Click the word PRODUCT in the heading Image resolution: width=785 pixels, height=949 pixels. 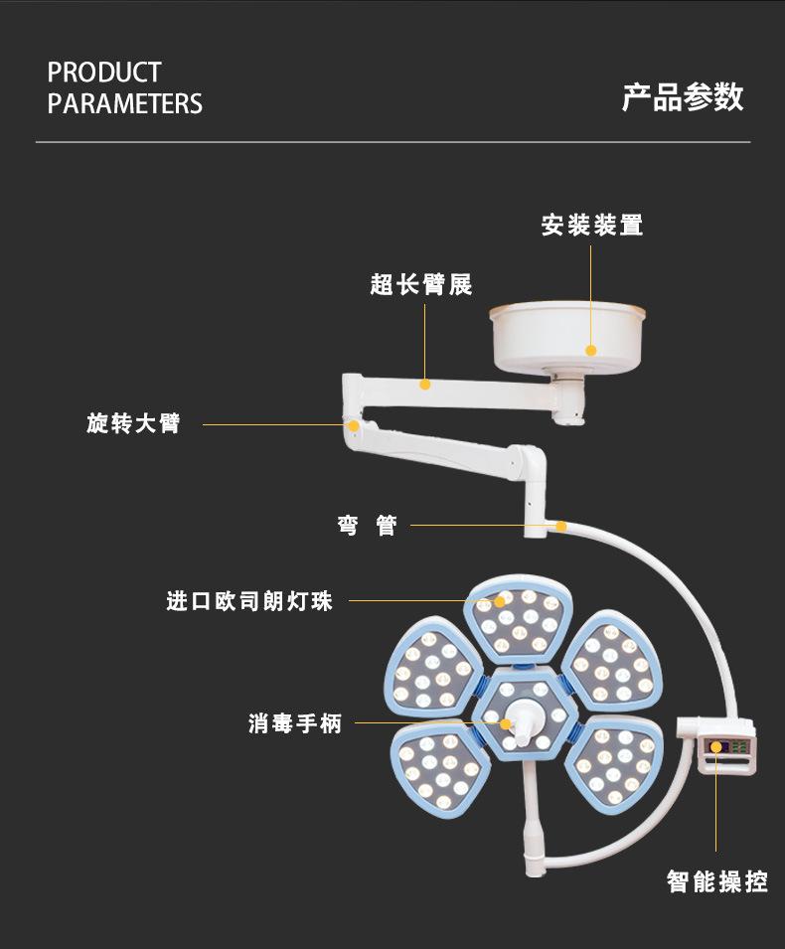pyautogui.click(x=104, y=73)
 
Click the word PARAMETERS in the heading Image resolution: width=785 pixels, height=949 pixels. pyautogui.click(x=124, y=103)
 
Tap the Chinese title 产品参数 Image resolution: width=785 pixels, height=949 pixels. pyautogui.click(x=683, y=96)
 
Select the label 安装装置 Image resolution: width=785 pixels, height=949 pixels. pyautogui.click(x=592, y=226)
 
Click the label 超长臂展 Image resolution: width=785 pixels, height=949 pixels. pyautogui.click(x=421, y=284)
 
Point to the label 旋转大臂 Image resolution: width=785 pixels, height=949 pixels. pyautogui.click(x=133, y=423)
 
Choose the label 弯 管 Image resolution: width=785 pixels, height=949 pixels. pyautogui.click(x=368, y=526)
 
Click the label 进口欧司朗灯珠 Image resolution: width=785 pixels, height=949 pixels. pyautogui.click(x=249, y=601)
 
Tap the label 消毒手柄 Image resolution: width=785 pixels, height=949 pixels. pyautogui.click(x=295, y=723)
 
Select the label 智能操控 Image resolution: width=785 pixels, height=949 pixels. pyautogui.click(x=717, y=881)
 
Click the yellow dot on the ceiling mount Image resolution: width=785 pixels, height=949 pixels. pyautogui.click(x=591, y=351)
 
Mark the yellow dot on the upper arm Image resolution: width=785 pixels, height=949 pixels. pyautogui.click(x=425, y=385)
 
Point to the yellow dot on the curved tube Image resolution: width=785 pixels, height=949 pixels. pyautogui.click(x=561, y=526)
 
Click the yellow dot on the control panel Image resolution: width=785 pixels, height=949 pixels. pyautogui.click(x=716, y=747)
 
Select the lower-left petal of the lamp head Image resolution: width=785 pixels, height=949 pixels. pyautogui.click(x=439, y=770)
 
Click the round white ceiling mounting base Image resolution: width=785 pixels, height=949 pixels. pyautogui.click(x=567, y=337)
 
